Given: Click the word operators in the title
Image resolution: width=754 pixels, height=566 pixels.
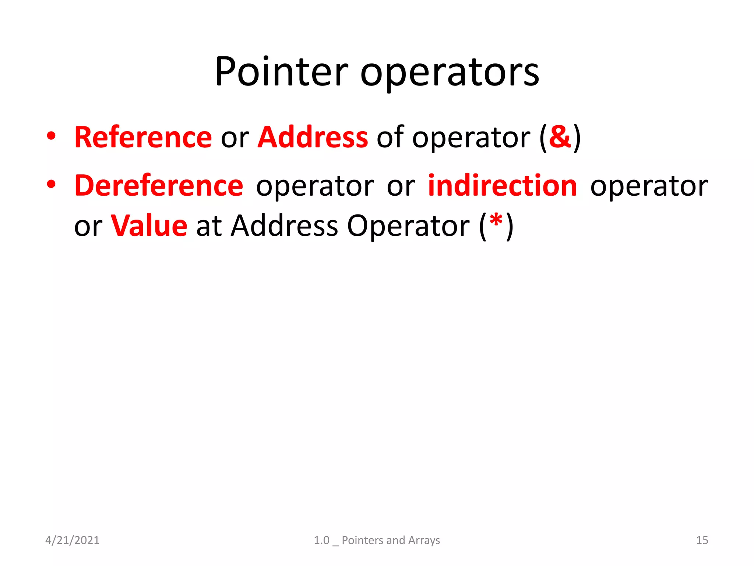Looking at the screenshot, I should coord(450,73).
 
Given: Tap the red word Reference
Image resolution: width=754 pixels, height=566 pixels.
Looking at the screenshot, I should coord(143,137).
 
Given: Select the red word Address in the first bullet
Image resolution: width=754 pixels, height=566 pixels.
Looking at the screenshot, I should coord(313,137).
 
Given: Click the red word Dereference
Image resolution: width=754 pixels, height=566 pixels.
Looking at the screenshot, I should coord(159,185).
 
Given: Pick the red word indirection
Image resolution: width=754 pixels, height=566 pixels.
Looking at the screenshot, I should coord(503,185).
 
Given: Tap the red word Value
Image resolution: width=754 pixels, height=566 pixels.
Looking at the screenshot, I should coord(149,226).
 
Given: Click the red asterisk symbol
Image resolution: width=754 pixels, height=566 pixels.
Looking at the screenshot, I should coord(496,221).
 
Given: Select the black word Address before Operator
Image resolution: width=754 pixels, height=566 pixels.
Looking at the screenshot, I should coord(284,226).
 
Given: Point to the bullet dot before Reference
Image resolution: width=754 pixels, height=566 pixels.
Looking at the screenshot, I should coord(51,136).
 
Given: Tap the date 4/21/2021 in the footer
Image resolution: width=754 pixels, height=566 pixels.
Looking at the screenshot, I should coord(72,540).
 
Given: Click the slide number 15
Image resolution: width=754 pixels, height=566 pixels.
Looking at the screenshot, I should coord(702,540).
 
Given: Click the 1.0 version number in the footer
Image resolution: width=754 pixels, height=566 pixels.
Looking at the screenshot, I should coord(321,540).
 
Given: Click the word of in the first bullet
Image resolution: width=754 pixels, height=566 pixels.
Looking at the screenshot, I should coord(390,137).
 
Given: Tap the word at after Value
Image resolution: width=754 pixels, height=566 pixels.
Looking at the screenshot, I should coord(209,226).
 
